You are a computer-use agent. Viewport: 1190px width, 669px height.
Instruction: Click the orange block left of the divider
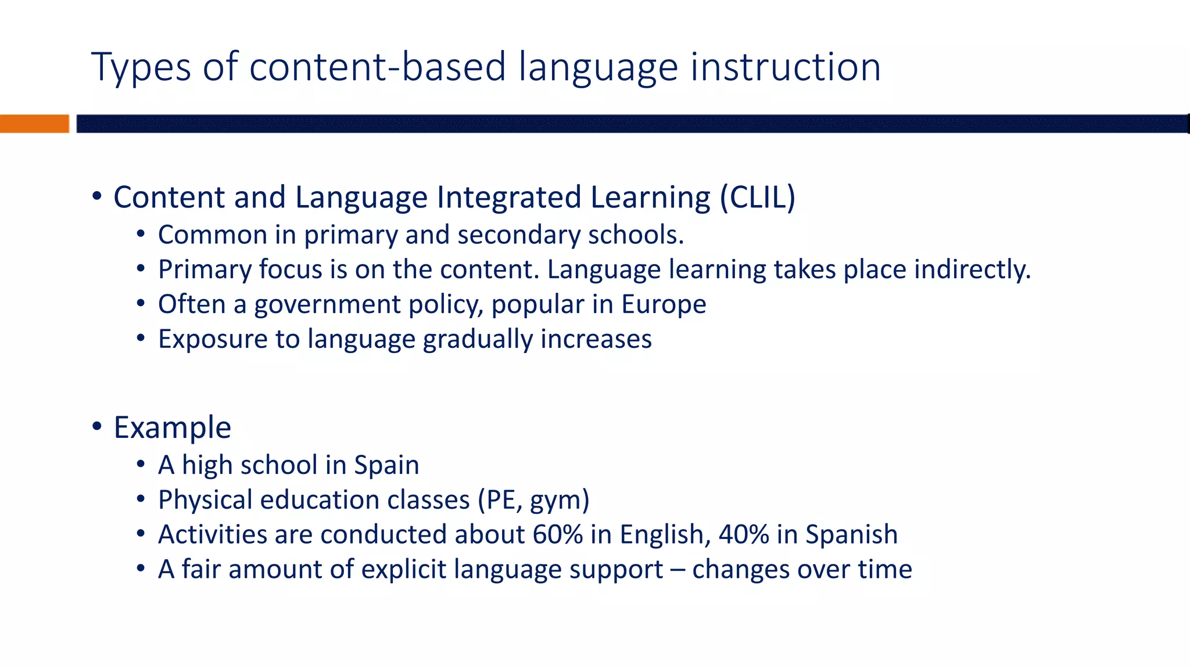[34, 124]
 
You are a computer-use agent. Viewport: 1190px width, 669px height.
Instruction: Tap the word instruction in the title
[785, 67]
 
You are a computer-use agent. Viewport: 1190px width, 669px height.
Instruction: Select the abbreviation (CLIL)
[757, 197]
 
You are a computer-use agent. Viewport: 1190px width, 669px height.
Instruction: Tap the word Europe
[664, 304]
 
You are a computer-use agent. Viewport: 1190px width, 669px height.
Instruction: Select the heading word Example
[173, 428]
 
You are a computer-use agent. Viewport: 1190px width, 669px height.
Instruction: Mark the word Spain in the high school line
[386, 465]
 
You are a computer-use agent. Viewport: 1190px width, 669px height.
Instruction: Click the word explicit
[404, 570]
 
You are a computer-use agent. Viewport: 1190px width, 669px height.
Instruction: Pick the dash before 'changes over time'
[678, 570]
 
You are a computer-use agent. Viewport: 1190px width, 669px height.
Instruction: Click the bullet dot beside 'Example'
[97, 427]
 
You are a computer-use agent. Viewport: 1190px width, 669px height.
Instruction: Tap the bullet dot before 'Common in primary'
[141, 235]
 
